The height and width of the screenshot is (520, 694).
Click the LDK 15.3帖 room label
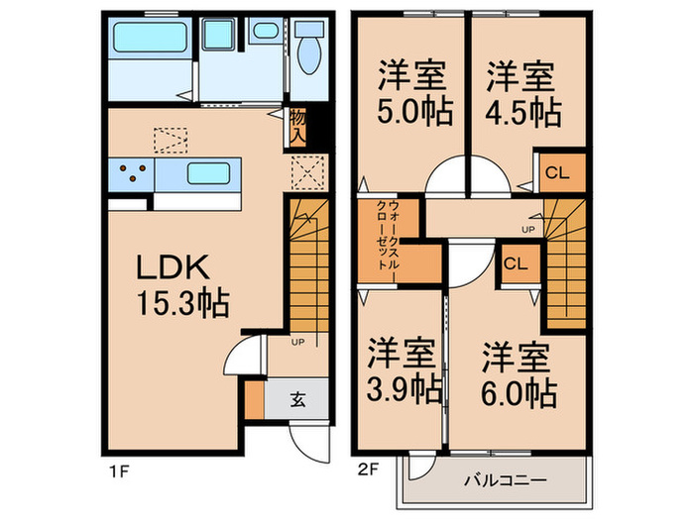(182, 285)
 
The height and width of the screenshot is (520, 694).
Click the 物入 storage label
(297, 126)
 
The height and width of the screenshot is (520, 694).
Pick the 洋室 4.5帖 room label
(521, 93)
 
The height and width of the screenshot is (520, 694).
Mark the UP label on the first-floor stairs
(298, 342)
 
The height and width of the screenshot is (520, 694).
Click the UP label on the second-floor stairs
(528, 229)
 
